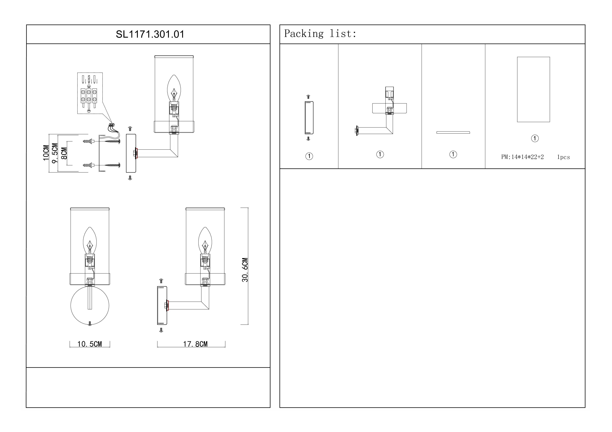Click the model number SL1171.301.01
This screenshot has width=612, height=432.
click(x=150, y=34)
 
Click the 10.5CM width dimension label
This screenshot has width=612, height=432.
click(x=89, y=344)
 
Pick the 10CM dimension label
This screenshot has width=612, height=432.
click(x=46, y=153)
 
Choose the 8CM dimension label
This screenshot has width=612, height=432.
click(x=64, y=153)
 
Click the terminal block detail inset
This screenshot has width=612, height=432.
click(x=90, y=93)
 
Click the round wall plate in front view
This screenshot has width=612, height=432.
click(x=90, y=305)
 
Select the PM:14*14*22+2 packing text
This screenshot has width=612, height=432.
click(x=523, y=157)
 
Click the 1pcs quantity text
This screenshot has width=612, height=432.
click(x=564, y=157)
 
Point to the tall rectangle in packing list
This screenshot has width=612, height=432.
click(x=533, y=89)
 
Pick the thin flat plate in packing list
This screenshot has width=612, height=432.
click(x=453, y=132)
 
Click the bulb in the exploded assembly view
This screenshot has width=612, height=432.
click(x=174, y=88)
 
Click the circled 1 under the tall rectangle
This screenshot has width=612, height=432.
click(x=535, y=138)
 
